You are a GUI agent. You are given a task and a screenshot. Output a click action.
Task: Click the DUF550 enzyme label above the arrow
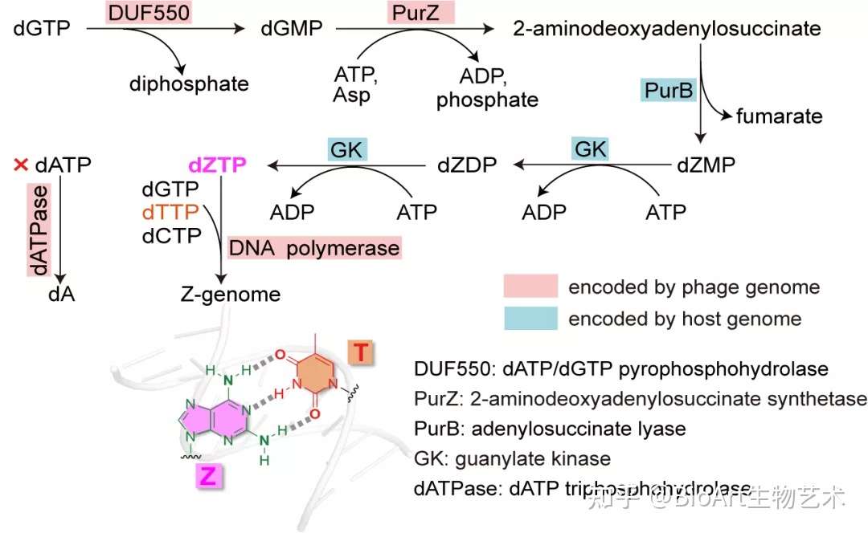pos(149,12)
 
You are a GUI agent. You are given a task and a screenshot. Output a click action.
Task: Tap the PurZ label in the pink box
pos(420,12)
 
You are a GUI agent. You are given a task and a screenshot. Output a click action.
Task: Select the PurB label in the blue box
pos(668,90)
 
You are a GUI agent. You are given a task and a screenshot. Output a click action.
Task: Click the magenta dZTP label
pos(218,165)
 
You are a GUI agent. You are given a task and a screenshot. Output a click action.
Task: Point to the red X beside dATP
pos(21,165)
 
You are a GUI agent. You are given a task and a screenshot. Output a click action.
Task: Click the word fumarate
pos(780,116)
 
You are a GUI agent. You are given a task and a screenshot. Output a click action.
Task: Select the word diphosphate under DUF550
pos(189,84)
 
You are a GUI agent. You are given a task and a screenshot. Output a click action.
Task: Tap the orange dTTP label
pos(170,212)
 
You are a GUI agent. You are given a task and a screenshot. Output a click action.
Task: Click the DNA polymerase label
pos(314,248)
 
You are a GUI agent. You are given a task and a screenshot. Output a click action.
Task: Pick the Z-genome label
pos(231,294)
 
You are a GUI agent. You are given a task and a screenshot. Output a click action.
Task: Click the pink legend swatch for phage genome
pos(530,286)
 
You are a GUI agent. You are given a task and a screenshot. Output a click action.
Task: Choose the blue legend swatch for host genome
pos(530,319)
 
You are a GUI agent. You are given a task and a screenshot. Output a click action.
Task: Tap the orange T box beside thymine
pos(360,352)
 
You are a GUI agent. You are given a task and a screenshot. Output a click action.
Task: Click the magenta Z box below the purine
pos(209,475)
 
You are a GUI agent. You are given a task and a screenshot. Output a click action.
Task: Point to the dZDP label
pos(467,165)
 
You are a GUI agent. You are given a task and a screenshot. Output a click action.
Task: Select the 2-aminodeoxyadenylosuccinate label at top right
pos(667,28)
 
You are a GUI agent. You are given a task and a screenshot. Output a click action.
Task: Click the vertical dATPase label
pos(39,230)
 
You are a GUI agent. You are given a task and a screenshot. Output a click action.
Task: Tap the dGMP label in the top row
pos(292,28)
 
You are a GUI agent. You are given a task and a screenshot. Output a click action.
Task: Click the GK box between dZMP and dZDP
pos(591,149)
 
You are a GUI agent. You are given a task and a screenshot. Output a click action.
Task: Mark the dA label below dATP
pos(61,294)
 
